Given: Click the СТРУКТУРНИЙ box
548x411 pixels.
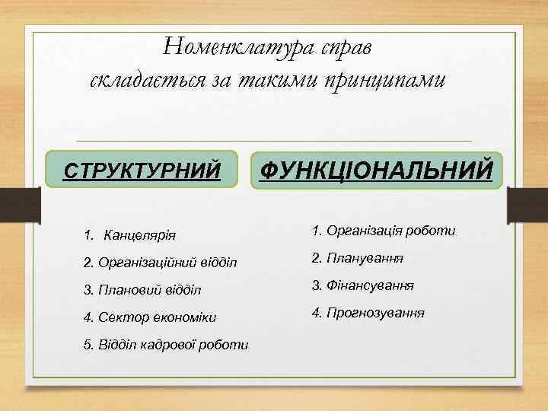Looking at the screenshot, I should click(x=142, y=169).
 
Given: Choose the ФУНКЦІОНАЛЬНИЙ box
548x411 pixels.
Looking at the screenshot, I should click(x=376, y=168).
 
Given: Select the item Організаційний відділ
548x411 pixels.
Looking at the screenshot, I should click(x=160, y=262).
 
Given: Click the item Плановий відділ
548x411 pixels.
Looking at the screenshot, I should click(x=142, y=289).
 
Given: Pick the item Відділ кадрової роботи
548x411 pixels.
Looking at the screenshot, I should click(x=165, y=344).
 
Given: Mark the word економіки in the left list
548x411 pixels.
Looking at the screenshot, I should click(x=183, y=317).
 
